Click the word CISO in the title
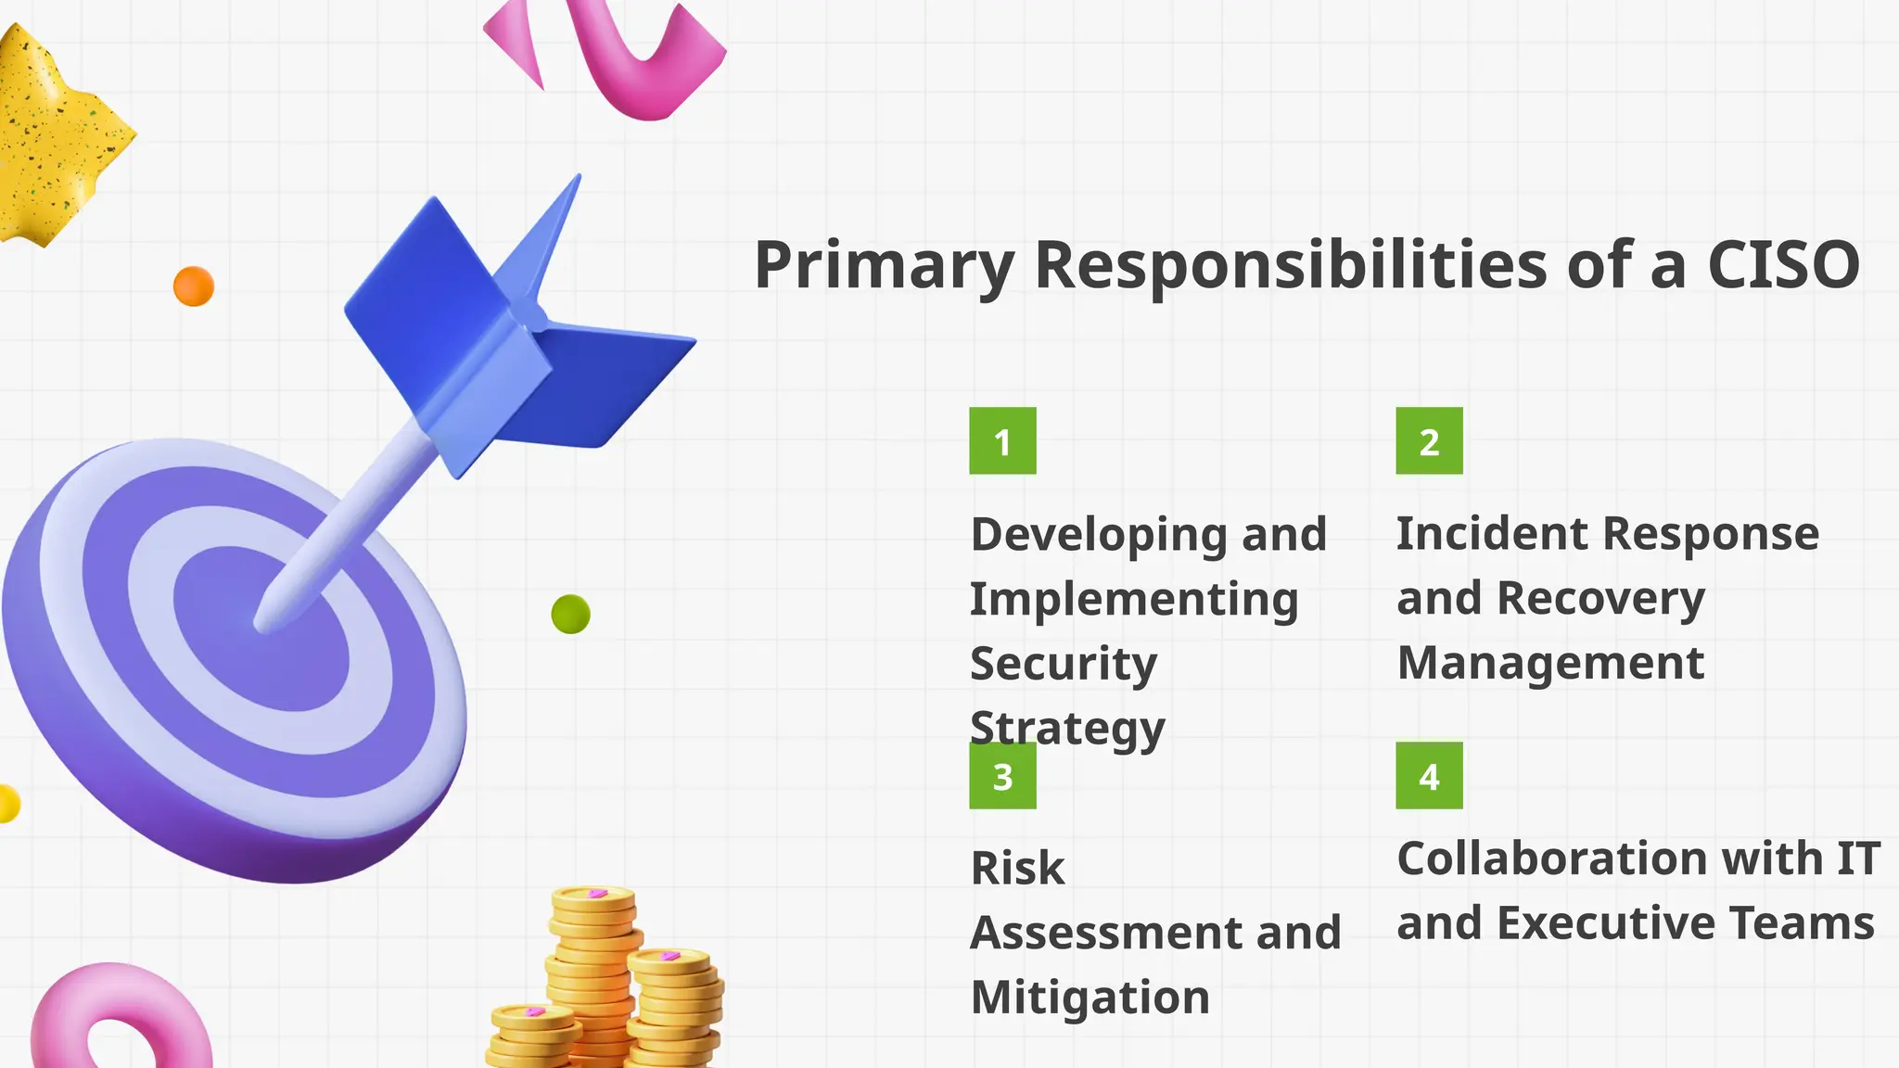click(x=1782, y=265)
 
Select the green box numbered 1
click(x=1002, y=441)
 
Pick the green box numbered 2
click(x=1429, y=441)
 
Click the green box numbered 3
click(x=1002, y=777)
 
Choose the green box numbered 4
click(x=1429, y=776)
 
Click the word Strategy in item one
click(x=1066, y=729)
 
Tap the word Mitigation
click(x=1090, y=998)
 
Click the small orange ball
click(x=194, y=286)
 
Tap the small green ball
click(x=570, y=614)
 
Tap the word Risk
click(x=1017, y=869)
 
